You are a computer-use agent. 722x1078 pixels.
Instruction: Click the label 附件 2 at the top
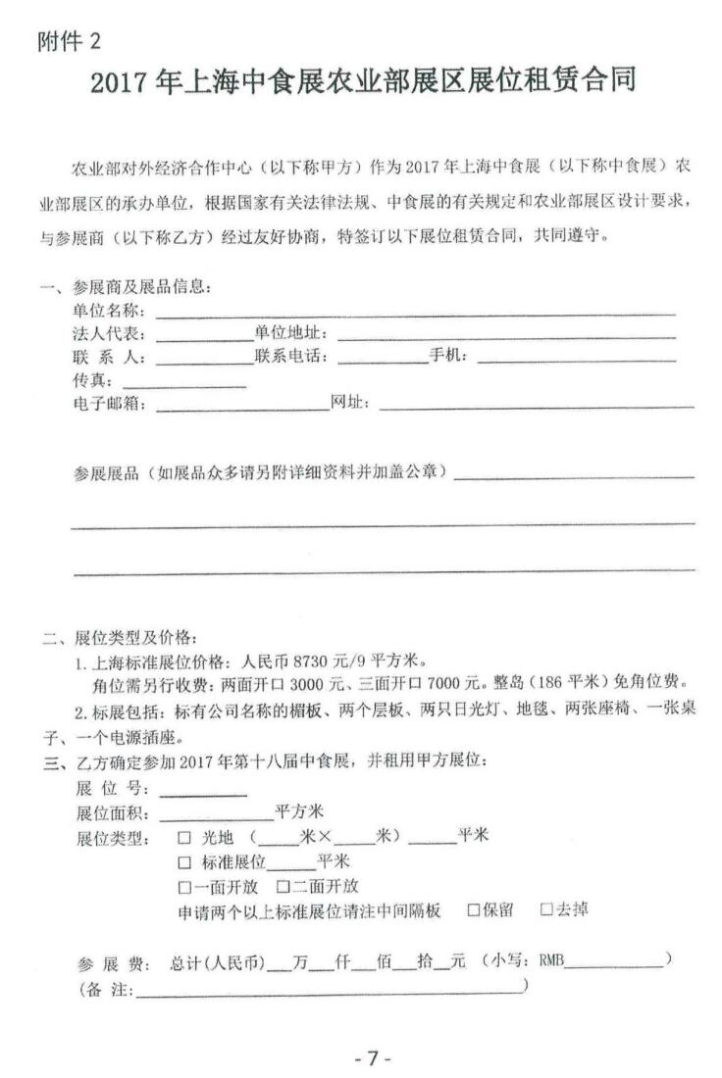[68, 42]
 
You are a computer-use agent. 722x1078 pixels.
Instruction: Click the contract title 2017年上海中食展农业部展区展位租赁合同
[363, 82]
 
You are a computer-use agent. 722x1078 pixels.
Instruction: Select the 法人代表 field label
[109, 334]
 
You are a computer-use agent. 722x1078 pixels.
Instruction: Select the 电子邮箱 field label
[109, 404]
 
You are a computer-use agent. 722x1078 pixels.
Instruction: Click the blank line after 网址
[536, 403]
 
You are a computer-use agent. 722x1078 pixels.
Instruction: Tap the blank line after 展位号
[202, 789]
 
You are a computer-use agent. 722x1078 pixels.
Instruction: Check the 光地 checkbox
[184, 838]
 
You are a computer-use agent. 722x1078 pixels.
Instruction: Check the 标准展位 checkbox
[184, 862]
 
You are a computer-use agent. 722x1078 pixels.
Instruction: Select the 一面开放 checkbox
[184, 887]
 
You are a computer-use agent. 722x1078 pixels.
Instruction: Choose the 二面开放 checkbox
[284, 887]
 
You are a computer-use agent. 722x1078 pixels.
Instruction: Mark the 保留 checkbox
[473, 910]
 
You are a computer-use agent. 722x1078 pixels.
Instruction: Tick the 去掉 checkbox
[547, 910]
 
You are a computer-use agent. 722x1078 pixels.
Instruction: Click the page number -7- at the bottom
[372, 1058]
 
